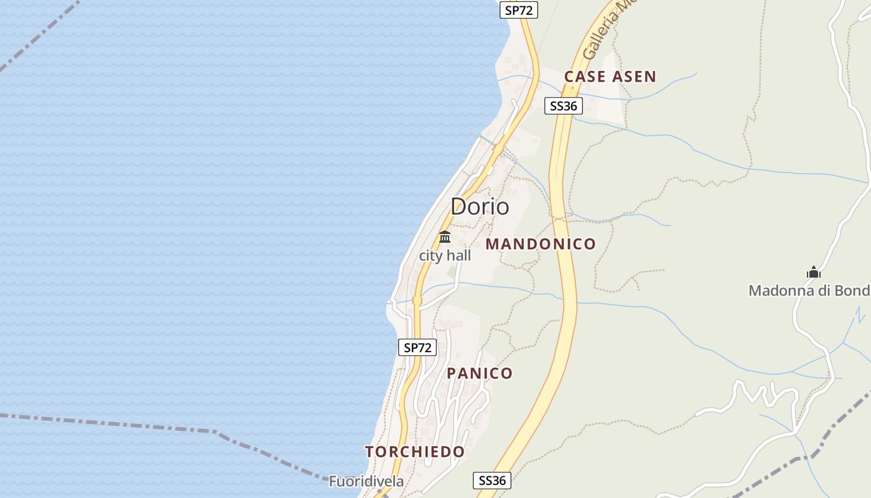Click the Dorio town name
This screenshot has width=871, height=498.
tap(480, 207)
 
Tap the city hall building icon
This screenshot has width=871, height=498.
tap(445, 237)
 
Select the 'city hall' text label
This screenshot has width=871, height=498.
tap(445, 256)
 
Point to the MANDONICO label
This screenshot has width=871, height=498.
tap(541, 244)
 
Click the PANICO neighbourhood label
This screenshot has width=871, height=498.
tap(480, 374)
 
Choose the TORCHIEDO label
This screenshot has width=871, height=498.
tap(415, 452)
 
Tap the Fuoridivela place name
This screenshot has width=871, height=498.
tap(366, 481)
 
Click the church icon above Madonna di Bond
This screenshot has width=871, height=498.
tap(814, 272)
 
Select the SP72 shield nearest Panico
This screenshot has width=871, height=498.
tap(417, 347)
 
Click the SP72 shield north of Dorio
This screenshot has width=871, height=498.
tap(519, 10)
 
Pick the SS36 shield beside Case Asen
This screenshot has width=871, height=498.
tap(564, 106)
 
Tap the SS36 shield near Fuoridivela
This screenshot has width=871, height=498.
tap(492, 481)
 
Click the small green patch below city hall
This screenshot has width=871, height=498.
tap(452, 272)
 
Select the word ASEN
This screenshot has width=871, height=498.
tap(634, 77)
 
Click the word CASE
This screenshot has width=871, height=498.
tap(585, 77)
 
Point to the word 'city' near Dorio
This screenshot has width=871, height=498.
tap(431, 256)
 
